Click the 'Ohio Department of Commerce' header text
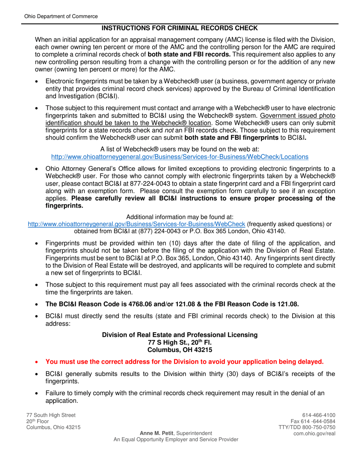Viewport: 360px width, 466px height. coord(61,16)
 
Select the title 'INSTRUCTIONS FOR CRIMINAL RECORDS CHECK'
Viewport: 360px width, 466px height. coord(180,28)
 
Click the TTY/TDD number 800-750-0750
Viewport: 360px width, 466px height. coord(318,428)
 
